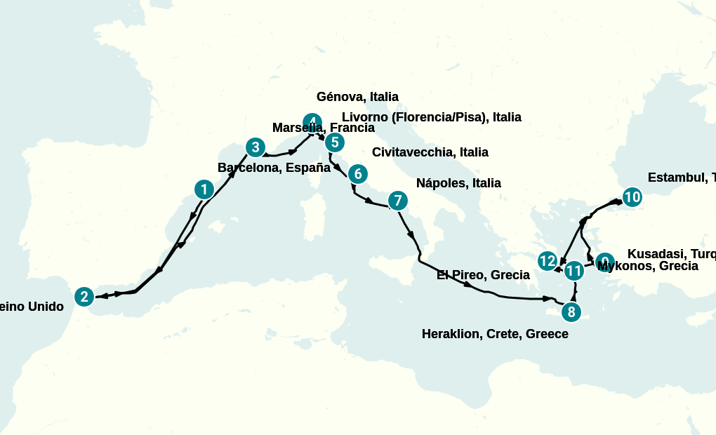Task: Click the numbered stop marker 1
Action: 204,189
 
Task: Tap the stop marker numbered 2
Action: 84,297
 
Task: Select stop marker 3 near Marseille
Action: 256,147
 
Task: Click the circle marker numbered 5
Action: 335,142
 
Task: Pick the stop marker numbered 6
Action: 357,173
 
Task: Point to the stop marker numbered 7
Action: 397,201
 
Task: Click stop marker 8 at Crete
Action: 571,312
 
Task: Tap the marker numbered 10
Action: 632,197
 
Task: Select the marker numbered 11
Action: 574,270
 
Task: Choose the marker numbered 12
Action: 548,261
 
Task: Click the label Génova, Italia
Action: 357,97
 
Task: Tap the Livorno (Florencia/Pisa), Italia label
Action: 431,117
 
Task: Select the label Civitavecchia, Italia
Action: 430,152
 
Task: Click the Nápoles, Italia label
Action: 458,183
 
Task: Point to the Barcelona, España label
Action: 274,168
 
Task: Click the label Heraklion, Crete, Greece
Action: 495,334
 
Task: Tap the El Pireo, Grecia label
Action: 483,275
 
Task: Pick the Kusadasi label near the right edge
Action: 671,253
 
